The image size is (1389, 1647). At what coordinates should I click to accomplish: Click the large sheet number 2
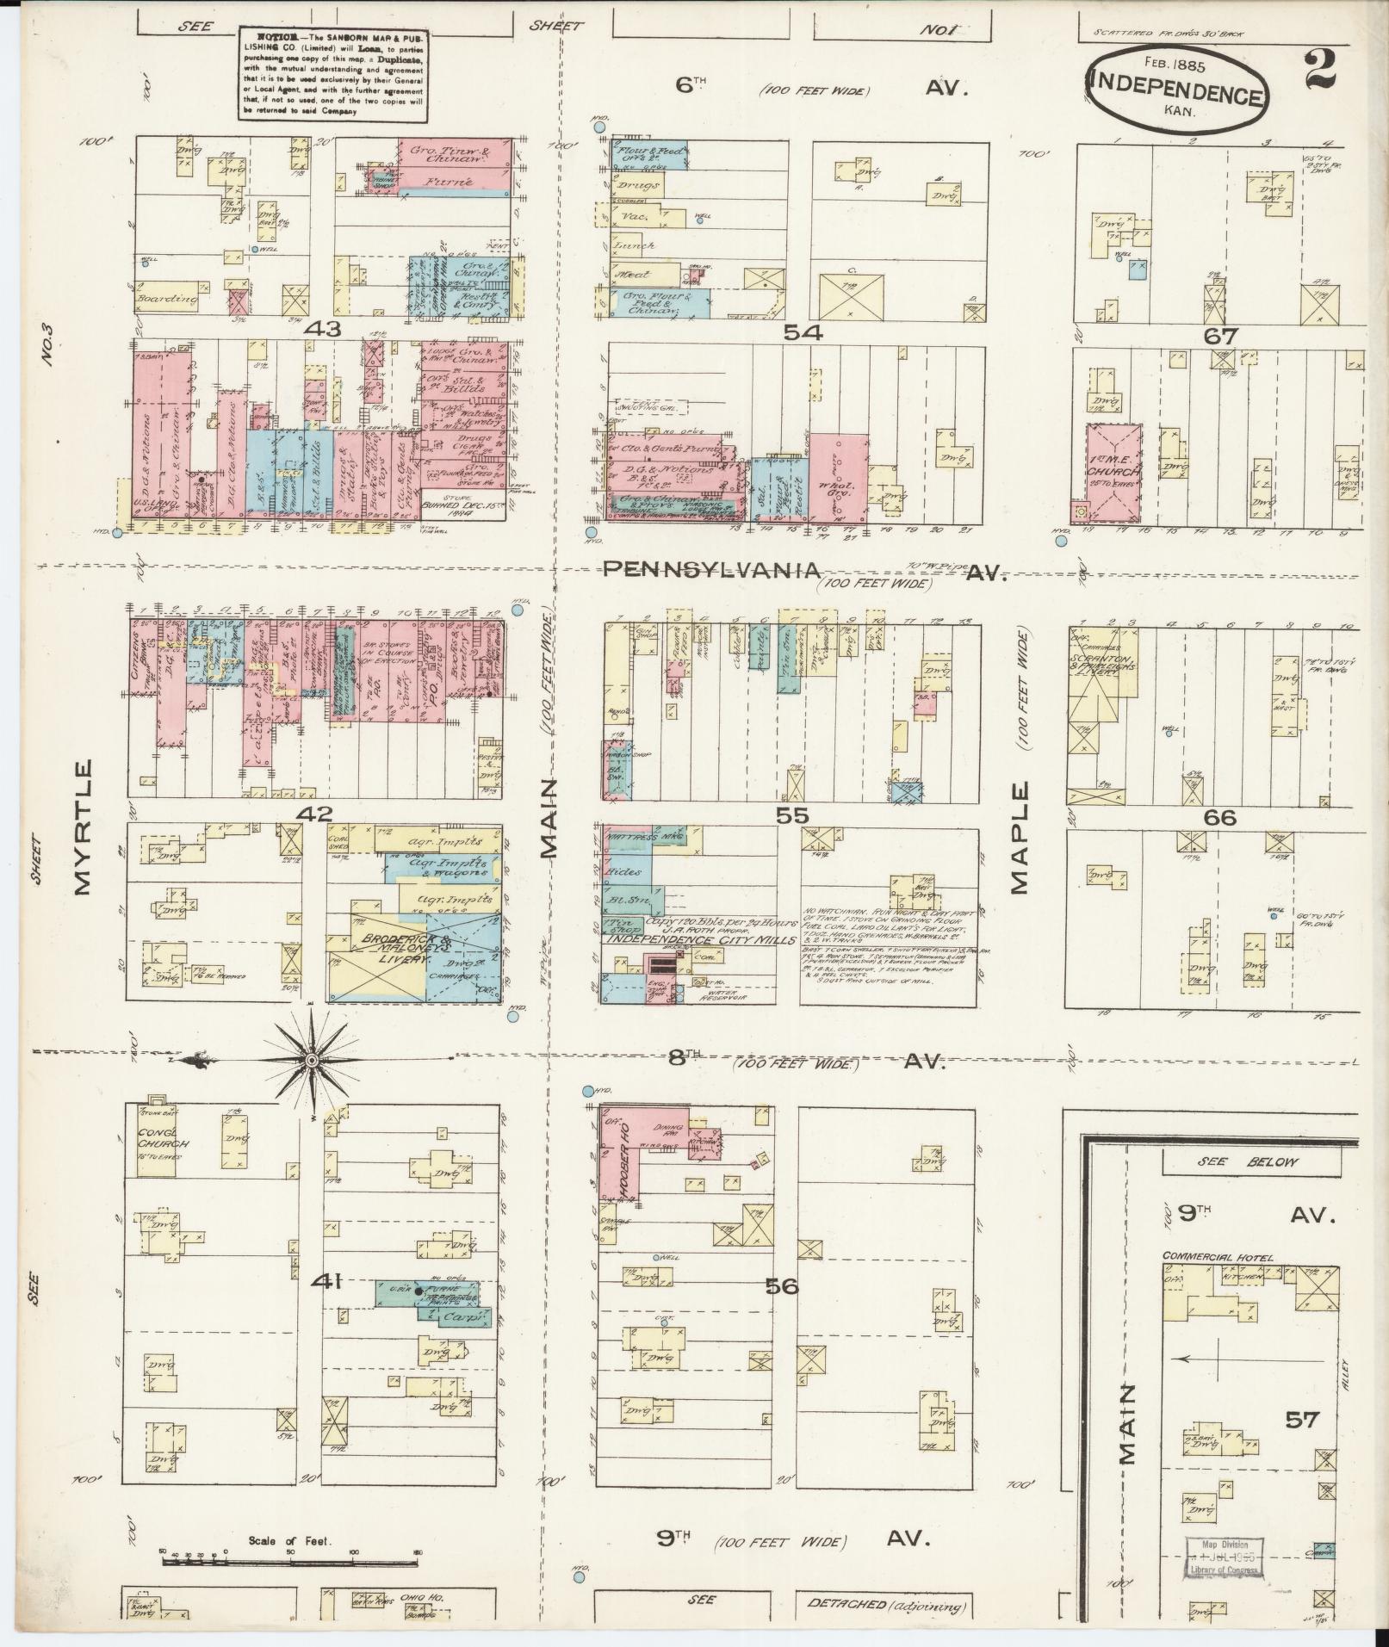pyautogui.click(x=1318, y=69)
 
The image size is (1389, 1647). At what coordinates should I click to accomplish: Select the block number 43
pyautogui.click(x=329, y=329)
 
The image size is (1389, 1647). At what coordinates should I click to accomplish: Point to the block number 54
pyautogui.click(x=803, y=331)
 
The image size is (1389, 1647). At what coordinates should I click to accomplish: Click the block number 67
pyautogui.click(x=1220, y=336)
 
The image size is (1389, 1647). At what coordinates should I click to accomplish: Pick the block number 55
pyautogui.click(x=792, y=814)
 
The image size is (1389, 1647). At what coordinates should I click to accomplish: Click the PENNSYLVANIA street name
pyautogui.click(x=710, y=569)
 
